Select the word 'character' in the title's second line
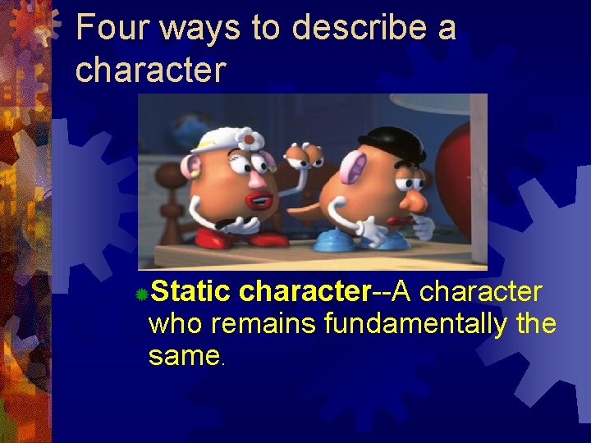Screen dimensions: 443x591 pos(150,71)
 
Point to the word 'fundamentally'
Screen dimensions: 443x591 pos(416,324)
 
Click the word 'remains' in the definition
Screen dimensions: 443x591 pos(264,324)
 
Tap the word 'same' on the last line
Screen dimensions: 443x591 pos(184,356)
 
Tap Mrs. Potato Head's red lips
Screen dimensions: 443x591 pos(259,200)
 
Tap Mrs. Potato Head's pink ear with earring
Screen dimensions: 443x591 pos(195,167)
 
